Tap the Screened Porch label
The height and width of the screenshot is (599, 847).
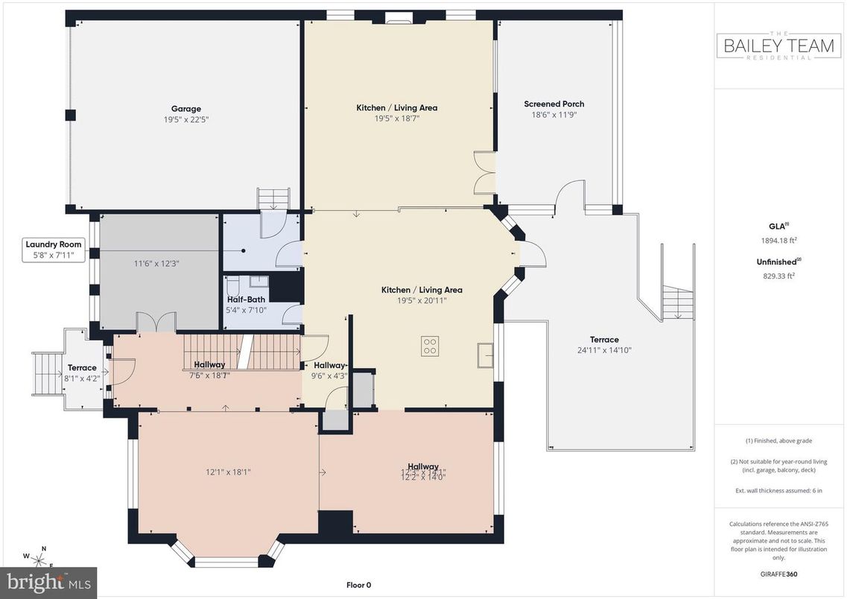pos(553,104)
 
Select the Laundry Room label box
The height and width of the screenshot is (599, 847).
pos(54,250)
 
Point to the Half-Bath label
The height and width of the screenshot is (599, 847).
pos(245,299)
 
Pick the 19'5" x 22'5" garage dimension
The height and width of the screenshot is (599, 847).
pos(185,119)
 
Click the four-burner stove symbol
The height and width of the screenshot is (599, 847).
pos(430,346)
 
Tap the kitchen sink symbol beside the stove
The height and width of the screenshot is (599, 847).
pos(485,355)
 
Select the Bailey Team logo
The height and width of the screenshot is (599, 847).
pos(779,46)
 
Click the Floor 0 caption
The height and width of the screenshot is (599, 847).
pos(358,586)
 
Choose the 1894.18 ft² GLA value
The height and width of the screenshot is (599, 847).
pos(778,240)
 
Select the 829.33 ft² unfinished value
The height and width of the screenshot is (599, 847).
pos(778,275)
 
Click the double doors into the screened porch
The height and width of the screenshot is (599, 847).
pos(484,173)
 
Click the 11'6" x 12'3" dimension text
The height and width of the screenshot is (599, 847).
pos(156,263)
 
